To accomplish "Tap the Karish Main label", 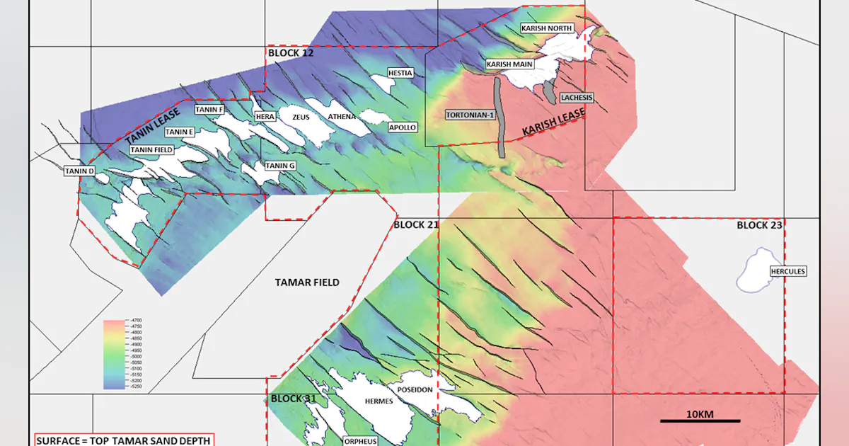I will [509, 64].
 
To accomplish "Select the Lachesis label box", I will [577, 98].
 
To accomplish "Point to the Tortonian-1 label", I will [469, 115].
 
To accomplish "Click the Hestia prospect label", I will [400, 73].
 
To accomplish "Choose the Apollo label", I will [403, 127].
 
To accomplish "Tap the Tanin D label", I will [80, 171].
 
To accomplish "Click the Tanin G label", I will [280, 166].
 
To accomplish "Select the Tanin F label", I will [209, 110].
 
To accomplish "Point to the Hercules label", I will [788, 271].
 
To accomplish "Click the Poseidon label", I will [415, 390].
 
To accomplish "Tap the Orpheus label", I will [360, 440].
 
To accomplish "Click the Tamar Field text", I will [307, 282].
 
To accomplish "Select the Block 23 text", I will [759, 226].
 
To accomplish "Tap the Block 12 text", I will [291, 53].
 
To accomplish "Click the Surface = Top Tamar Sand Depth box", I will [124, 440].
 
